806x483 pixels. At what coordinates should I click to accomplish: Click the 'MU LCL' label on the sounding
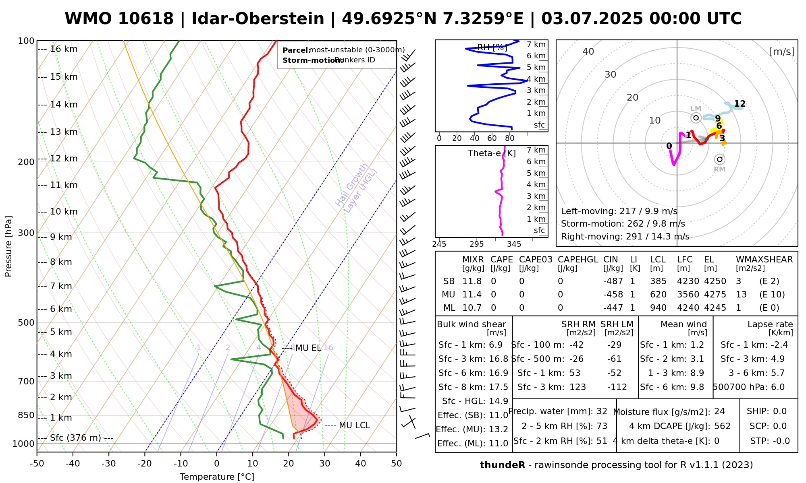pyautogui.click(x=354, y=425)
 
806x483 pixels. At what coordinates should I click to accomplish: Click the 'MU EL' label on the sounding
pyautogui.click(x=308, y=348)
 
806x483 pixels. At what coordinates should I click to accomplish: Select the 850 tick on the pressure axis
pyautogui.click(x=27, y=415)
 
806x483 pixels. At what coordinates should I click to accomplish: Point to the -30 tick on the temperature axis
pyautogui.click(x=109, y=464)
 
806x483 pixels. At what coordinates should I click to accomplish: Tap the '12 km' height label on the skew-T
pyautogui.click(x=64, y=159)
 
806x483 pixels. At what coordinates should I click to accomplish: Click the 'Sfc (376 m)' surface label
pyautogui.click(x=75, y=438)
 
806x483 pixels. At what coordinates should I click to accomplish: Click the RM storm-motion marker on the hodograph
pyautogui.click(x=720, y=160)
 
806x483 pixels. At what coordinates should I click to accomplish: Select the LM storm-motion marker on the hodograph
pyautogui.click(x=696, y=118)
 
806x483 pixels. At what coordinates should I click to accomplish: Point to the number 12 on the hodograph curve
pyautogui.click(x=740, y=104)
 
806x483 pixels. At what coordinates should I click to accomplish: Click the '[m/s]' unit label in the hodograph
pyautogui.click(x=782, y=52)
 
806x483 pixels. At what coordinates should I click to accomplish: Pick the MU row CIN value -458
pyautogui.click(x=613, y=295)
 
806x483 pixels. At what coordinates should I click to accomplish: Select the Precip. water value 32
pyautogui.click(x=602, y=411)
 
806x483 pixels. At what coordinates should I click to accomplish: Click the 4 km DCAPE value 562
pyautogui.click(x=722, y=426)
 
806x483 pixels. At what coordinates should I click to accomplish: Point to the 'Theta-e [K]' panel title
pyautogui.click(x=492, y=153)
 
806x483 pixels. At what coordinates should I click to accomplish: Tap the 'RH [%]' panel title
pyautogui.click(x=492, y=47)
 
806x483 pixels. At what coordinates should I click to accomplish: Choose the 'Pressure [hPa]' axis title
pyautogui.click(x=8, y=246)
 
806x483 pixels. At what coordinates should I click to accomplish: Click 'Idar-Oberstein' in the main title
pyautogui.click(x=258, y=19)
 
